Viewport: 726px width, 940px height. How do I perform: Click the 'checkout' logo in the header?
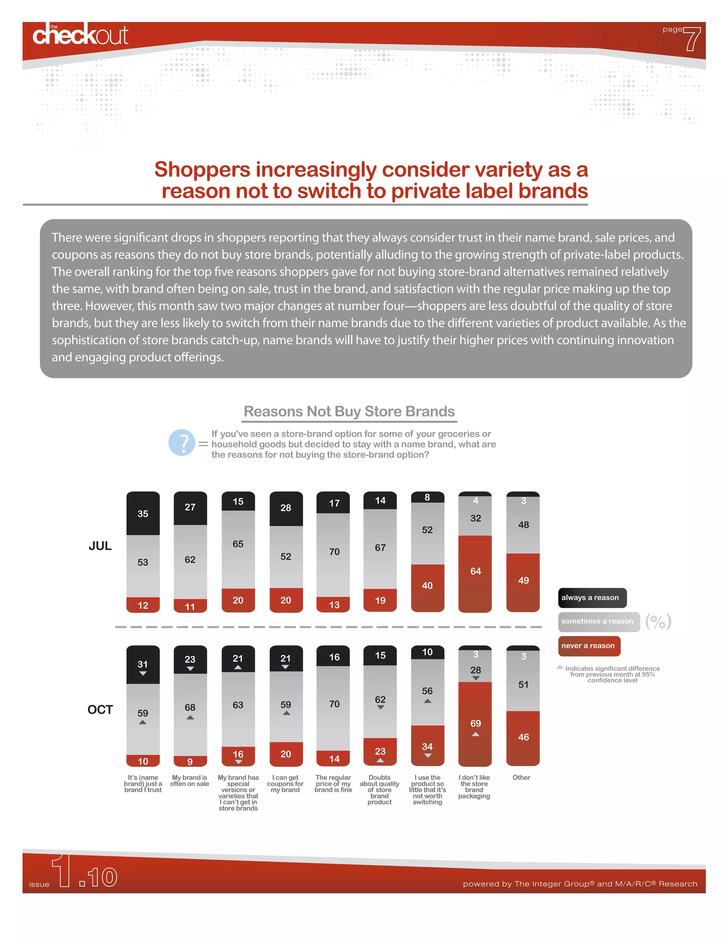pos(80,34)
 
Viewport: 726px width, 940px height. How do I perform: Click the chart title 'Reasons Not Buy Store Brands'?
pos(349,411)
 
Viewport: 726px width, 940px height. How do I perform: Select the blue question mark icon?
pos(182,443)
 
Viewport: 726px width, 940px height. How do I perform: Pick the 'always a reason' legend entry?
pos(592,598)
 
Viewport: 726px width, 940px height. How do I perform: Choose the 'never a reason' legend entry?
pos(589,646)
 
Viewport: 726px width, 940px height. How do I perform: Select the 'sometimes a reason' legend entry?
pos(599,621)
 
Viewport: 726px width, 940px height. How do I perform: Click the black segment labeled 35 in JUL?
pos(143,514)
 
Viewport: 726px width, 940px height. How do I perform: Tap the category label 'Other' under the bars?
pos(521,777)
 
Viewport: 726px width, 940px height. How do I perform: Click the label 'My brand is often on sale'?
pos(190,780)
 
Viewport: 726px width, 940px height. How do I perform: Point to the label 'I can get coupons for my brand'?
pos(285,783)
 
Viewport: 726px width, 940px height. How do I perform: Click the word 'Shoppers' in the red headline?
pos(202,169)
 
